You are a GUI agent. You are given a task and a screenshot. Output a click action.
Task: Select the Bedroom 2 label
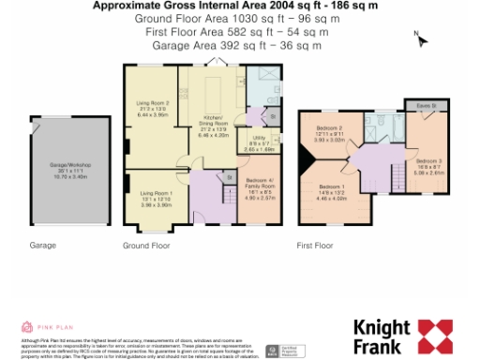pyautogui.click(x=329, y=132)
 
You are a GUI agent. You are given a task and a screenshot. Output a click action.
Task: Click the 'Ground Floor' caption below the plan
pyautogui.click(x=146, y=246)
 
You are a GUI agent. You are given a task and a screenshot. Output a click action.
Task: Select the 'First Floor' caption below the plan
pyautogui.click(x=315, y=246)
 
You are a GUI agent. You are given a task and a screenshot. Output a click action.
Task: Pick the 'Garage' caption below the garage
pyautogui.click(x=43, y=246)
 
